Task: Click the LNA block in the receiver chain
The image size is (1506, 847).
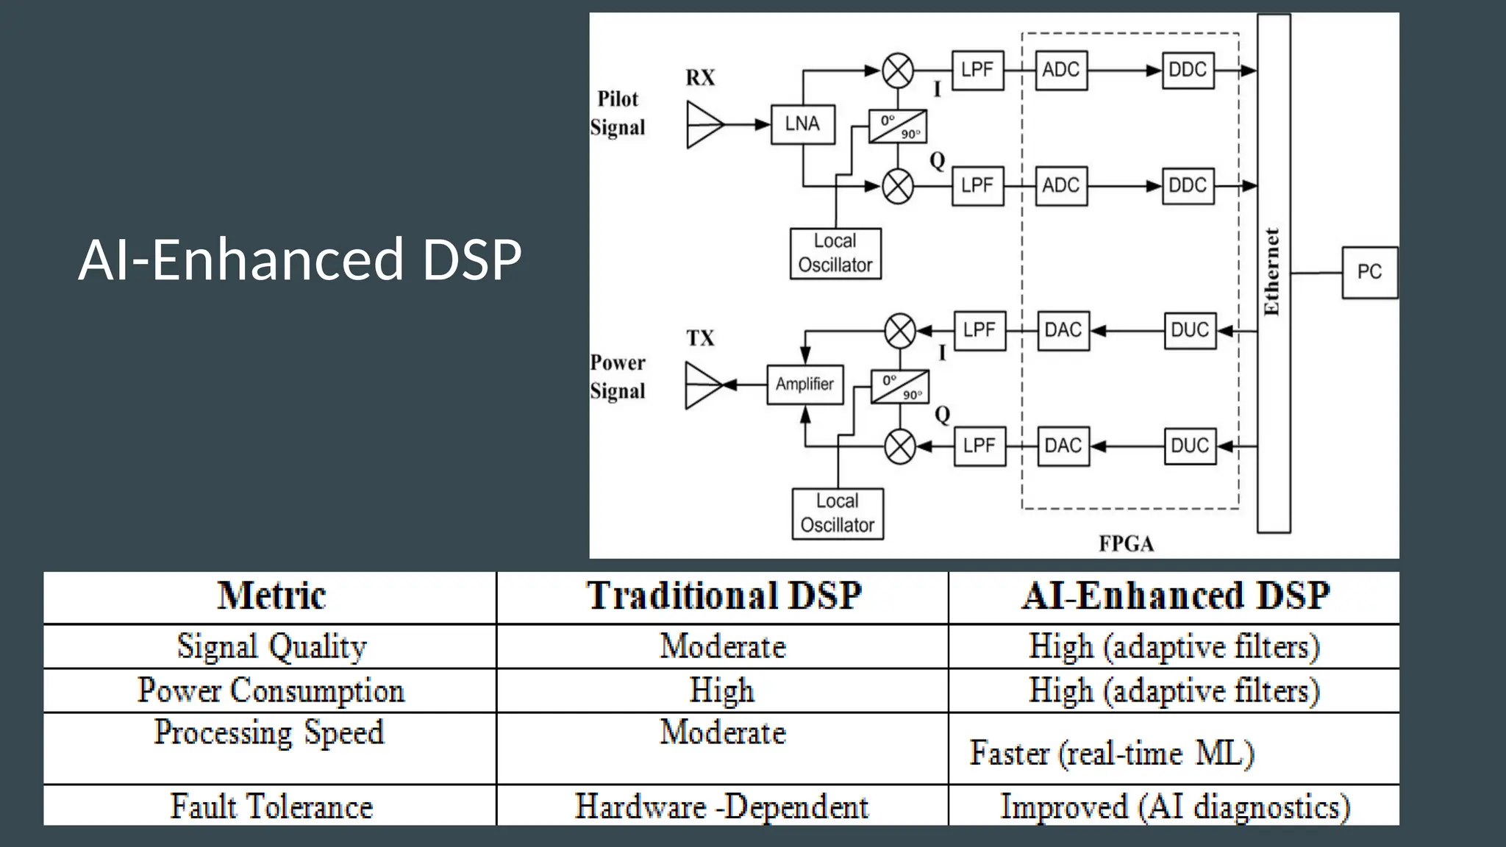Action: tap(802, 124)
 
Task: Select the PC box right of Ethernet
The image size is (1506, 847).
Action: tap(1369, 272)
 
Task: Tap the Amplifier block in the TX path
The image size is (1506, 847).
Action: tap(804, 384)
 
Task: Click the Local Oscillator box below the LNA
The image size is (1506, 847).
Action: tap(835, 253)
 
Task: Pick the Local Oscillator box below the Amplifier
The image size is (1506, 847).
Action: tap(838, 513)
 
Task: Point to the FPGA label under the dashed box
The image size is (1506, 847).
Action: tap(1126, 544)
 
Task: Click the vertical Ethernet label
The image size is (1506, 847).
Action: tap(1272, 271)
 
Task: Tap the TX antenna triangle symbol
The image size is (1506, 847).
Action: tap(703, 385)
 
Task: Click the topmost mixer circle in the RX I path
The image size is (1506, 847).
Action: tap(898, 71)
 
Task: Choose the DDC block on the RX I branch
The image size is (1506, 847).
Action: tap(1188, 71)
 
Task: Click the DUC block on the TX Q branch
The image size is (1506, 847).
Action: tap(1190, 446)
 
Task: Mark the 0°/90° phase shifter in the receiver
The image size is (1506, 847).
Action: tap(898, 126)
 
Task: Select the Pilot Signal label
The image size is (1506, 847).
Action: tap(618, 113)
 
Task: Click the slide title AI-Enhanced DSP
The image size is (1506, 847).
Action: tap(300, 260)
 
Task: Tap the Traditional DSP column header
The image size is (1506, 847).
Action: tap(723, 596)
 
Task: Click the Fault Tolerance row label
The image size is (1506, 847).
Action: tap(271, 806)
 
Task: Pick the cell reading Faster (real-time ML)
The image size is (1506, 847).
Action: tap(1112, 753)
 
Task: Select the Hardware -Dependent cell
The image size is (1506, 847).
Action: tap(721, 806)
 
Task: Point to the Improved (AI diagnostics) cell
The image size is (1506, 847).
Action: tap(1174, 806)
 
